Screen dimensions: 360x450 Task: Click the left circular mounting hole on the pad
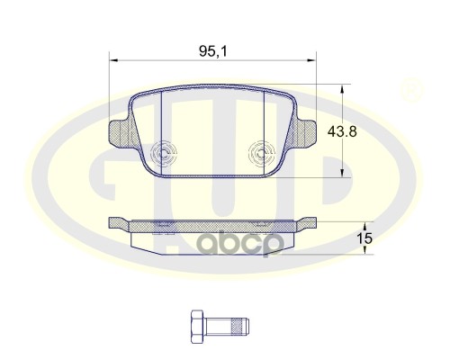(x=165, y=154)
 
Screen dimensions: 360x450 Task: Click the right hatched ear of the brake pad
(x=304, y=136)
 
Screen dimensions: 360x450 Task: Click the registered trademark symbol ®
(x=410, y=90)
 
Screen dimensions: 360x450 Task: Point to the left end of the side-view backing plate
(x=112, y=222)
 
